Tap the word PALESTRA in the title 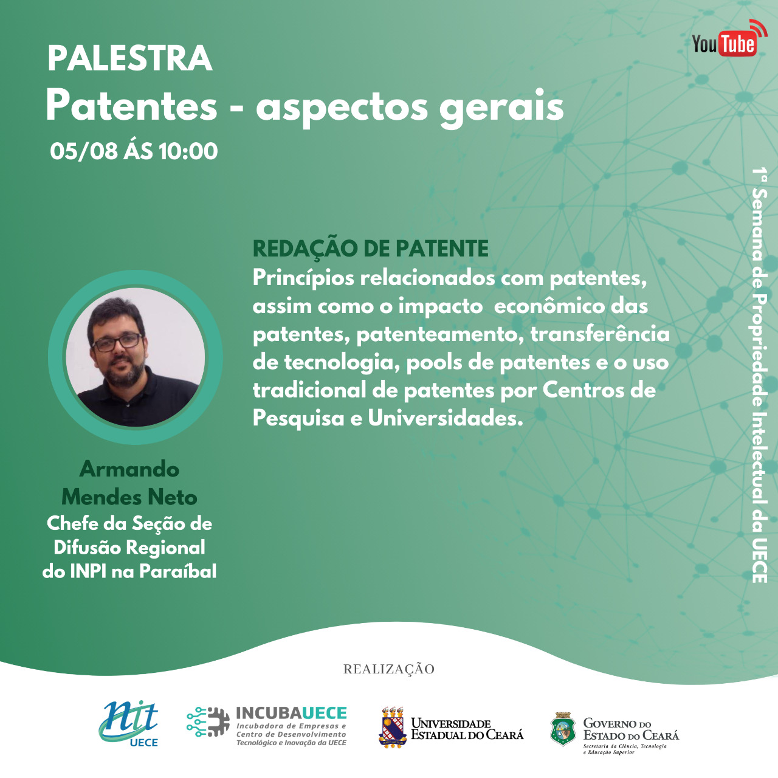130,58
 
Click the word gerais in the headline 501,109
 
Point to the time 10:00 188,151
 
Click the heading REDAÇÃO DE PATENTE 370,248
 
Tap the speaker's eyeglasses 117,342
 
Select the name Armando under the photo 129,469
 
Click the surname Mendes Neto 129,497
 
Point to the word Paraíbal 177,571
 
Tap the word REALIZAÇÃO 389,669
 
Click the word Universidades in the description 442,419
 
